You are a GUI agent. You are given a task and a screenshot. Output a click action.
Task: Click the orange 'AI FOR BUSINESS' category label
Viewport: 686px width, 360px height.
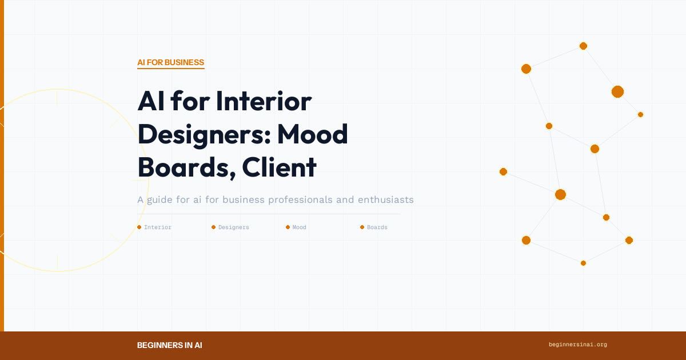tap(170, 62)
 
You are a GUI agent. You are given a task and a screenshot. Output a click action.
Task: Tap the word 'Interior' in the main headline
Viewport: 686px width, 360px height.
tap(264, 102)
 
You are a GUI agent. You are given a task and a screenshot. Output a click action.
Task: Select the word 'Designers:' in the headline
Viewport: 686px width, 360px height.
tap(202, 134)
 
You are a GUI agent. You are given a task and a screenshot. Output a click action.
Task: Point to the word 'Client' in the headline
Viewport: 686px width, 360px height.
tap(279, 167)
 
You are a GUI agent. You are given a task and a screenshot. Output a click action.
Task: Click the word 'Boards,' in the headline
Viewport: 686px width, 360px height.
tap(185, 167)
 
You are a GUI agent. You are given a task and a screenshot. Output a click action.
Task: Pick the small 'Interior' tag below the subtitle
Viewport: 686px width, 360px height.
tap(157, 227)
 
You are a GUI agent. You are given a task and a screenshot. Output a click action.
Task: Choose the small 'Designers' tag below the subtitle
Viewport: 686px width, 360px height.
tap(233, 227)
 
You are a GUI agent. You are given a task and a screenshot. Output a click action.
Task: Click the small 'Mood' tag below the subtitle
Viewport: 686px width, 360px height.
tap(299, 227)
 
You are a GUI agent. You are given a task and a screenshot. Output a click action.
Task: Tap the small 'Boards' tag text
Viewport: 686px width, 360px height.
tap(377, 227)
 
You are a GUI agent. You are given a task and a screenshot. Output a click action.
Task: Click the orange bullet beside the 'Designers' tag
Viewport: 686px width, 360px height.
tap(213, 227)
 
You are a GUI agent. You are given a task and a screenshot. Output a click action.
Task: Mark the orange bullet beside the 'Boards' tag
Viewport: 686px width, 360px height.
tap(362, 227)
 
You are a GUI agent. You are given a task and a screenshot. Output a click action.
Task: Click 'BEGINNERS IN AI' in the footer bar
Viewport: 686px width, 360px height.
tap(169, 345)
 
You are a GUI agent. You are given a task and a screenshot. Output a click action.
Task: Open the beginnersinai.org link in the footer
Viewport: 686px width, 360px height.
tap(577, 345)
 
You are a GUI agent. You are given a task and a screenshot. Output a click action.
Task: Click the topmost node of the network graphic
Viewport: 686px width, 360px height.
tap(583, 46)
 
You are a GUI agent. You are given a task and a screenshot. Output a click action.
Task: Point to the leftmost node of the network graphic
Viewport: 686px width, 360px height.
tap(503, 171)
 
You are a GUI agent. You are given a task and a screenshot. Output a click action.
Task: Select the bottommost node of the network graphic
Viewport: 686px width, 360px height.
tap(583, 263)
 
